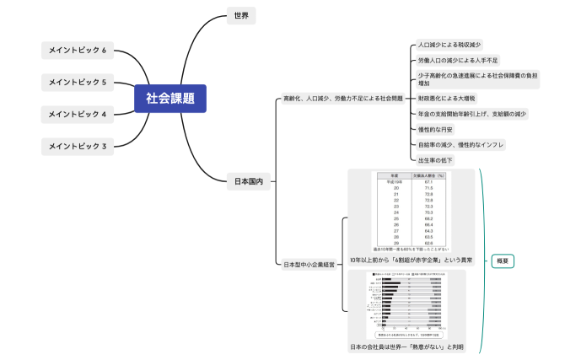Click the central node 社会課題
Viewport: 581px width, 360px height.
pos(169,99)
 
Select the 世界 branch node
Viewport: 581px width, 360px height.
pos(241,15)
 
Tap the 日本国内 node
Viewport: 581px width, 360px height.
pos(248,180)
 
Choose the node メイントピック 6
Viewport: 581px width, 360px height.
pos(78,51)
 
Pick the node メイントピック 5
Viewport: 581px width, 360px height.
pos(78,83)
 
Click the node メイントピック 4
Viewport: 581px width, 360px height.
pos(78,114)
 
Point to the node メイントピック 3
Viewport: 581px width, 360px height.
pos(78,146)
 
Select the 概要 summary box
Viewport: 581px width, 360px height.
pos(503,261)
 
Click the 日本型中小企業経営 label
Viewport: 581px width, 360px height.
pos(309,265)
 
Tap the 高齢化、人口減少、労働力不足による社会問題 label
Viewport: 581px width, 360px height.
pos(342,99)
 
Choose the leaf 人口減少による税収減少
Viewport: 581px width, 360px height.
pos(449,45)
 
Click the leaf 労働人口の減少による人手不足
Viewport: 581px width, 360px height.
pos(458,61)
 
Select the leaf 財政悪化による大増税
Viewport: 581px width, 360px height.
pos(446,99)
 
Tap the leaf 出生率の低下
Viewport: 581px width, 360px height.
pos(435,159)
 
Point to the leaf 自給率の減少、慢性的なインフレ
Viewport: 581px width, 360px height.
pos(460,144)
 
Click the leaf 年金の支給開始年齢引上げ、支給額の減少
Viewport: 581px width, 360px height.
pos(471,114)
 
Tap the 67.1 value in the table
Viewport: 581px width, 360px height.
pos(428,182)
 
